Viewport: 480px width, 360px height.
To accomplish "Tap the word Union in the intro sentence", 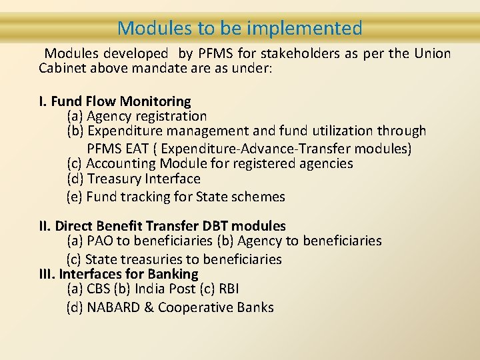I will click(x=432, y=53).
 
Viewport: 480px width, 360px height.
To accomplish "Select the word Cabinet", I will click(x=63, y=68).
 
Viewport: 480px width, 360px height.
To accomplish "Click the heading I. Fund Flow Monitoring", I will click(x=115, y=101).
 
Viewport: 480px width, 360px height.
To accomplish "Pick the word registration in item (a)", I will click(x=171, y=117).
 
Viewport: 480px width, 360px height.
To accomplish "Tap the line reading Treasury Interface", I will click(x=133, y=179).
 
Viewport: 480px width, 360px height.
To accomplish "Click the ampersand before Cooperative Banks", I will click(x=149, y=307).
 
